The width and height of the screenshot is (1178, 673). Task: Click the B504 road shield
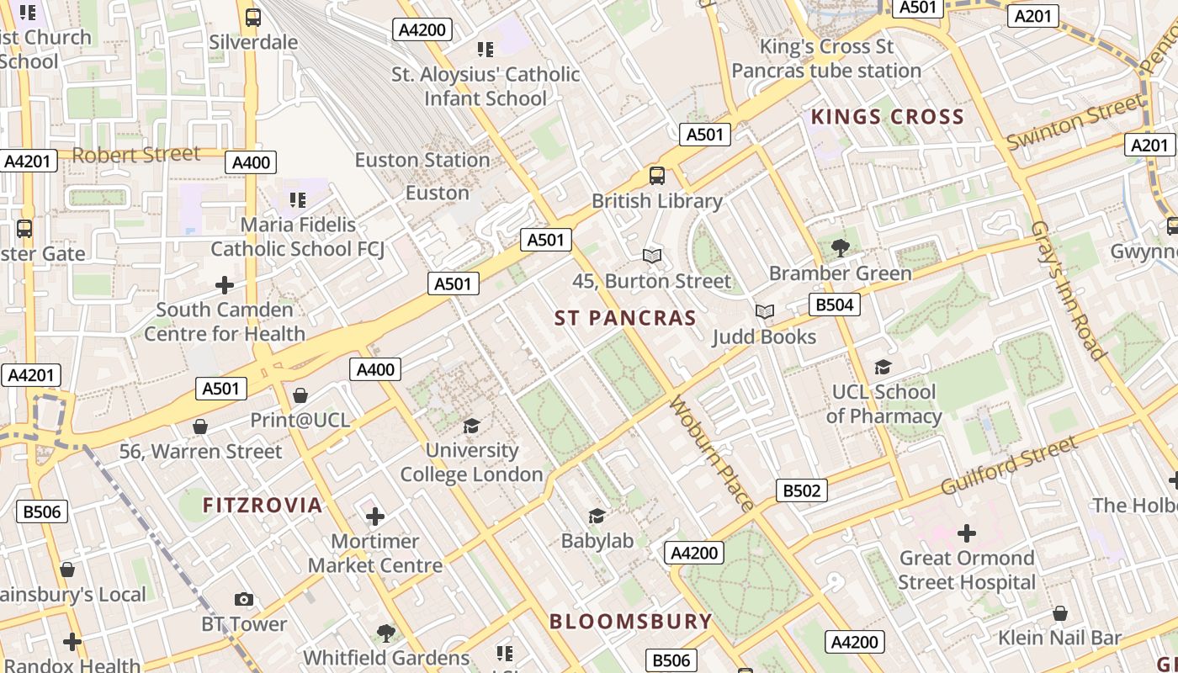835,305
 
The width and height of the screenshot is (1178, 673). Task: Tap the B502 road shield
801,490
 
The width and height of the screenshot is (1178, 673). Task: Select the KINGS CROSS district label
887,117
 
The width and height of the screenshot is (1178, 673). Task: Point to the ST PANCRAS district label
625,318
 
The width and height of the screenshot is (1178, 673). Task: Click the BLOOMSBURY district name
631,622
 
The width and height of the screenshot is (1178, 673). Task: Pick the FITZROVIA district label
263,506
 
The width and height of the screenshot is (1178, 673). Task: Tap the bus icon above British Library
657,176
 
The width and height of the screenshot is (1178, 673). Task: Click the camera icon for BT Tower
244,599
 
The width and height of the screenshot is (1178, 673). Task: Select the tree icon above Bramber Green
840,247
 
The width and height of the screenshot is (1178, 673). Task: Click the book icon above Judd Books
764,312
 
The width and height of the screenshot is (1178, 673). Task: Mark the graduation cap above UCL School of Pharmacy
883,367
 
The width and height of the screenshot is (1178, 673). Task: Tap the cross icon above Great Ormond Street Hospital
967,533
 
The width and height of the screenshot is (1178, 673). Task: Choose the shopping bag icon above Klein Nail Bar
1060,613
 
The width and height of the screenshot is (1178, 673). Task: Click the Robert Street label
136,155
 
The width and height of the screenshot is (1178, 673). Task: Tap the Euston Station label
422,160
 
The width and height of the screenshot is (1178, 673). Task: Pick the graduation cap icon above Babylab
597,516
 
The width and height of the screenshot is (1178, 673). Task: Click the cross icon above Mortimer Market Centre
375,516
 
